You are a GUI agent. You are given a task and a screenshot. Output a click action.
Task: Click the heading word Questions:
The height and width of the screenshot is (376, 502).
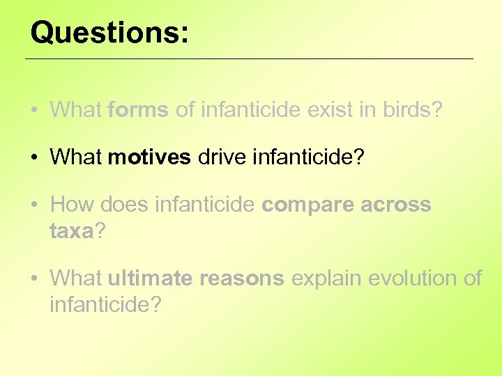109,32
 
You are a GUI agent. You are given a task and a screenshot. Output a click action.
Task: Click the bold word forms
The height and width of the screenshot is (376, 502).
138,110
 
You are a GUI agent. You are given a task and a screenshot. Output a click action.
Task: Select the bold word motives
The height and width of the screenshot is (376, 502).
149,157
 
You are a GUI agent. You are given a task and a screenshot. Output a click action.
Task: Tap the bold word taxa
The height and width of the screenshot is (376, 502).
71,230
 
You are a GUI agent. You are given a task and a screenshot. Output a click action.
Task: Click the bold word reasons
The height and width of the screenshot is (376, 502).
243,279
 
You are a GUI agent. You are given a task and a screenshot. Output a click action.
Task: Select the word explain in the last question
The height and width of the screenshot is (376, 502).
326,279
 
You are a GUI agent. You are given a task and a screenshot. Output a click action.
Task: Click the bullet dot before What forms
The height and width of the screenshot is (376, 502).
34,111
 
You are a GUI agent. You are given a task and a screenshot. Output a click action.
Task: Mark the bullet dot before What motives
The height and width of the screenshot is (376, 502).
34,158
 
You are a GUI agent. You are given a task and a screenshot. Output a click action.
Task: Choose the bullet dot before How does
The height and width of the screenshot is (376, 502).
34,205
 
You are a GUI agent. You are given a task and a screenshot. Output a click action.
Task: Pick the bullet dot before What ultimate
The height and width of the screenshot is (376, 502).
34,279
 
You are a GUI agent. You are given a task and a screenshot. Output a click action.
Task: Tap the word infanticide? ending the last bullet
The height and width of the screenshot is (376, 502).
105,304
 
